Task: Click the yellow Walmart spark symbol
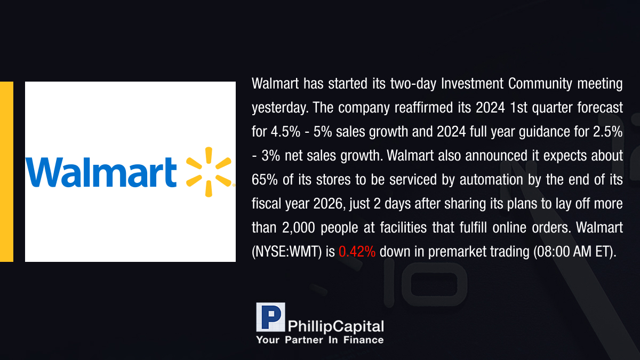(x=209, y=172)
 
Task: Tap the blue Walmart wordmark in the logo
(x=101, y=172)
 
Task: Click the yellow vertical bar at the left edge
(x=6, y=172)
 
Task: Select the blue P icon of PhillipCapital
(x=270, y=317)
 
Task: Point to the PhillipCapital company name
(x=335, y=326)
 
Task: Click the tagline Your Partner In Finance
(x=320, y=340)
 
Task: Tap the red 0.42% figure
(x=357, y=251)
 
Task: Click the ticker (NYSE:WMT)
(x=287, y=252)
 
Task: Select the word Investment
(x=472, y=83)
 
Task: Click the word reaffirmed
(x=433, y=107)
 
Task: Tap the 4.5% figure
(x=285, y=132)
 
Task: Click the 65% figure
(x=265, y=180)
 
